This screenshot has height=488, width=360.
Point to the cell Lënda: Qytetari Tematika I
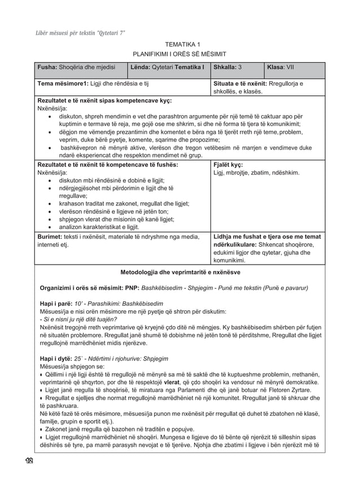click(166, 67)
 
